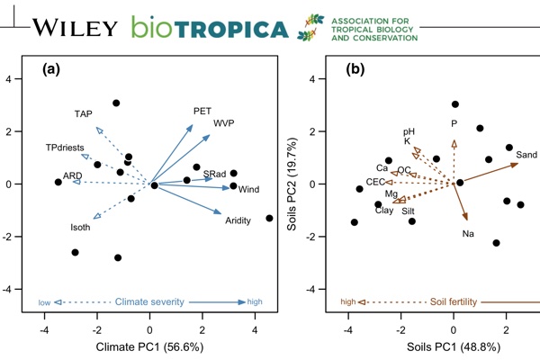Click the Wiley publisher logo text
tap(75, 27)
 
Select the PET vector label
tap(202, 111)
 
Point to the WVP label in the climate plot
tap(223, 123)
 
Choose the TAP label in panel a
tap(84, 114)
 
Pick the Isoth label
tap(80, 229)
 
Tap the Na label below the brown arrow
tap(468, 234)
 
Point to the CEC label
tap(375, 182)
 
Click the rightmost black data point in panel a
tap(269, 218)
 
